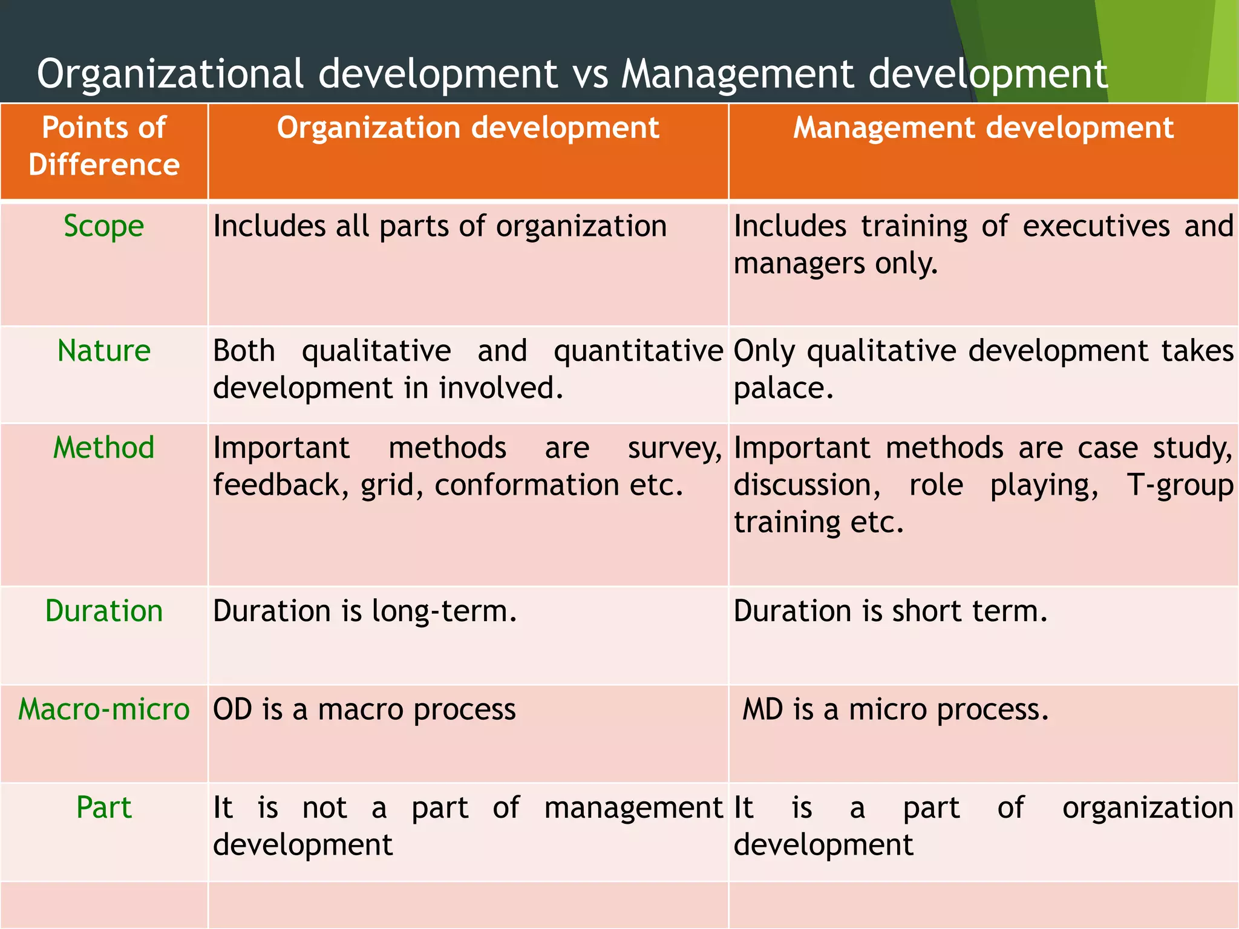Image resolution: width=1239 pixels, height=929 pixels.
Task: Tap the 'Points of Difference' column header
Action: [104, 146]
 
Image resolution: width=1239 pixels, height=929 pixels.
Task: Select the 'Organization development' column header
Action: [468, 128]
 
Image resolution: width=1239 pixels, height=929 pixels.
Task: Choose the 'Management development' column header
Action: [983, 128]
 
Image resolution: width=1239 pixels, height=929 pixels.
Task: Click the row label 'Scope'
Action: [104, 227]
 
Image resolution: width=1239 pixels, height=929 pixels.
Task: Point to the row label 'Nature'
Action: [104, 351]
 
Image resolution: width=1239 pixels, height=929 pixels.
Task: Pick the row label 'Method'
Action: [104, 448]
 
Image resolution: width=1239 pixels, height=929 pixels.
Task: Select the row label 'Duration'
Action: [104, 611]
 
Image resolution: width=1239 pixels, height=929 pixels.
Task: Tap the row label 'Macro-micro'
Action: [104, 709]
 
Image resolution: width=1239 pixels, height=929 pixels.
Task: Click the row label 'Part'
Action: [104, 807]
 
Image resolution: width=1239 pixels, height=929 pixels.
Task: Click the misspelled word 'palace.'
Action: [783, 388]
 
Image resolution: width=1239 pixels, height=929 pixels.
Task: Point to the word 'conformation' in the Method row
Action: [526, 485]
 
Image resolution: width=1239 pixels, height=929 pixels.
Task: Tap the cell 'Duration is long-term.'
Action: [365, 611]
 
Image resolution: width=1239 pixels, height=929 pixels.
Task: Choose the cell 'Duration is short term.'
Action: [890, 611]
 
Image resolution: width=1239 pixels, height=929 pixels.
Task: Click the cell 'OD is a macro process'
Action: [364, 709]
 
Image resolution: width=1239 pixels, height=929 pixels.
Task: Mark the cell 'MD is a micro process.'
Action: [895, 709]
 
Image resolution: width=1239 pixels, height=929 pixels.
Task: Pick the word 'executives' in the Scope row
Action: [1096, 227]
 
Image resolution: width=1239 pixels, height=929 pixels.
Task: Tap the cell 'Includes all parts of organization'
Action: [440, 227]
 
